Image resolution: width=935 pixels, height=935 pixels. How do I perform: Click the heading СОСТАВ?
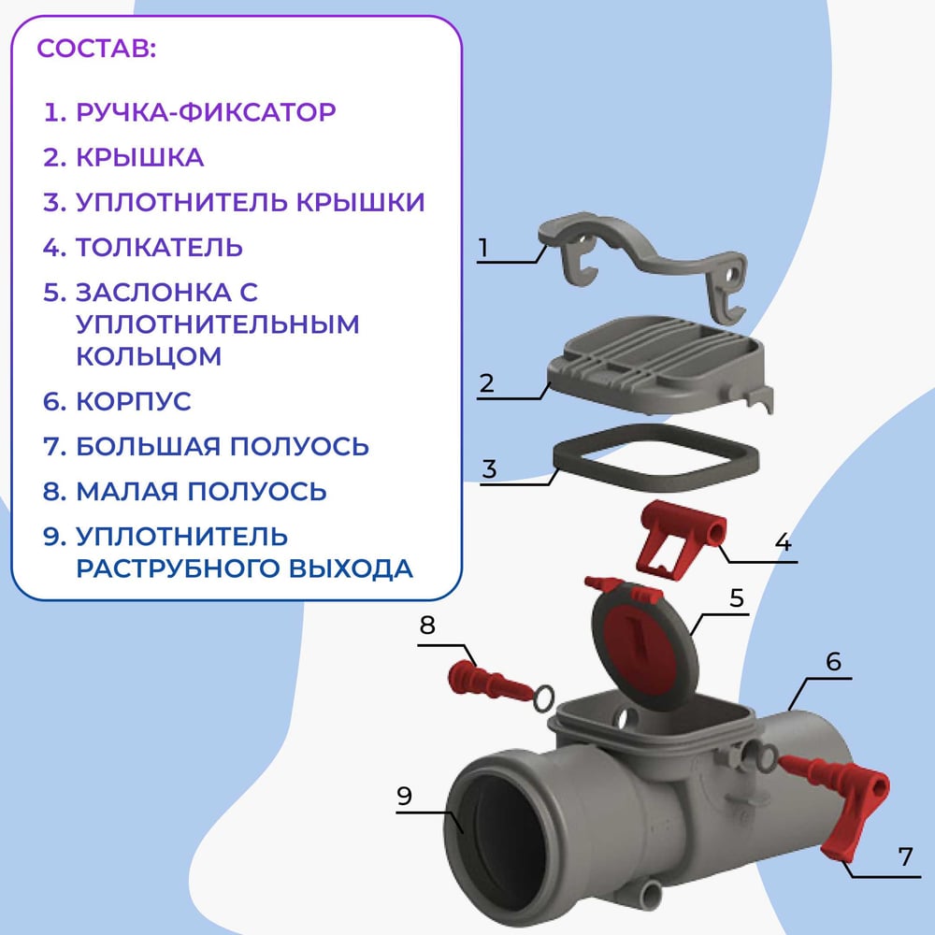coord(96,49)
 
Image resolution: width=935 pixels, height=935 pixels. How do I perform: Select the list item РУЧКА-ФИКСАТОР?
coord(206,112)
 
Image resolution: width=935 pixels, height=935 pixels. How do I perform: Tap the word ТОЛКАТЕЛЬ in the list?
coord(159,248)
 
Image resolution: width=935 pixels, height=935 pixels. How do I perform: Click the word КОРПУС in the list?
coord(134,401)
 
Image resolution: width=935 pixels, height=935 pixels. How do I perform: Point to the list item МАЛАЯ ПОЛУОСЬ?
coord(201,492)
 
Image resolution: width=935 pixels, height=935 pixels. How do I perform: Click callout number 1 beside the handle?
coord(483,247)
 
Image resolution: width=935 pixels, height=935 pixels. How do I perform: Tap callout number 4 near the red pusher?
coord(783,542)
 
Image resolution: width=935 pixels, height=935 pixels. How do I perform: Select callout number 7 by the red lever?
coord(905,856)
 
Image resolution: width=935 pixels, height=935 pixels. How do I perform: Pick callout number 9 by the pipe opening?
coord(404,796)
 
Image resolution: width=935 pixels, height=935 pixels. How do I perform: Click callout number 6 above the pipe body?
coord(833,661)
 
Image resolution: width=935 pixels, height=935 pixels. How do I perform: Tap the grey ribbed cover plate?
coord(659,365)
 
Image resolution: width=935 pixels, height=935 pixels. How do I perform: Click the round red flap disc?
coord(645,648)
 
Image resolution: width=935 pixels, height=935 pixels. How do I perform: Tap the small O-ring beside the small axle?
coord(543,698)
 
